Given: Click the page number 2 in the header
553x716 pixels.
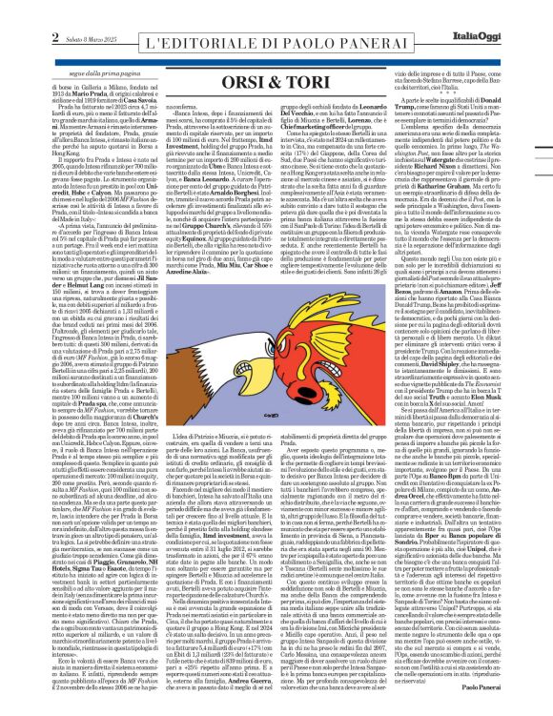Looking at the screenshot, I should coord(18,12).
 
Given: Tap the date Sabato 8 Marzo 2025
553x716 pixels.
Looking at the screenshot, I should coord(56,13).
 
